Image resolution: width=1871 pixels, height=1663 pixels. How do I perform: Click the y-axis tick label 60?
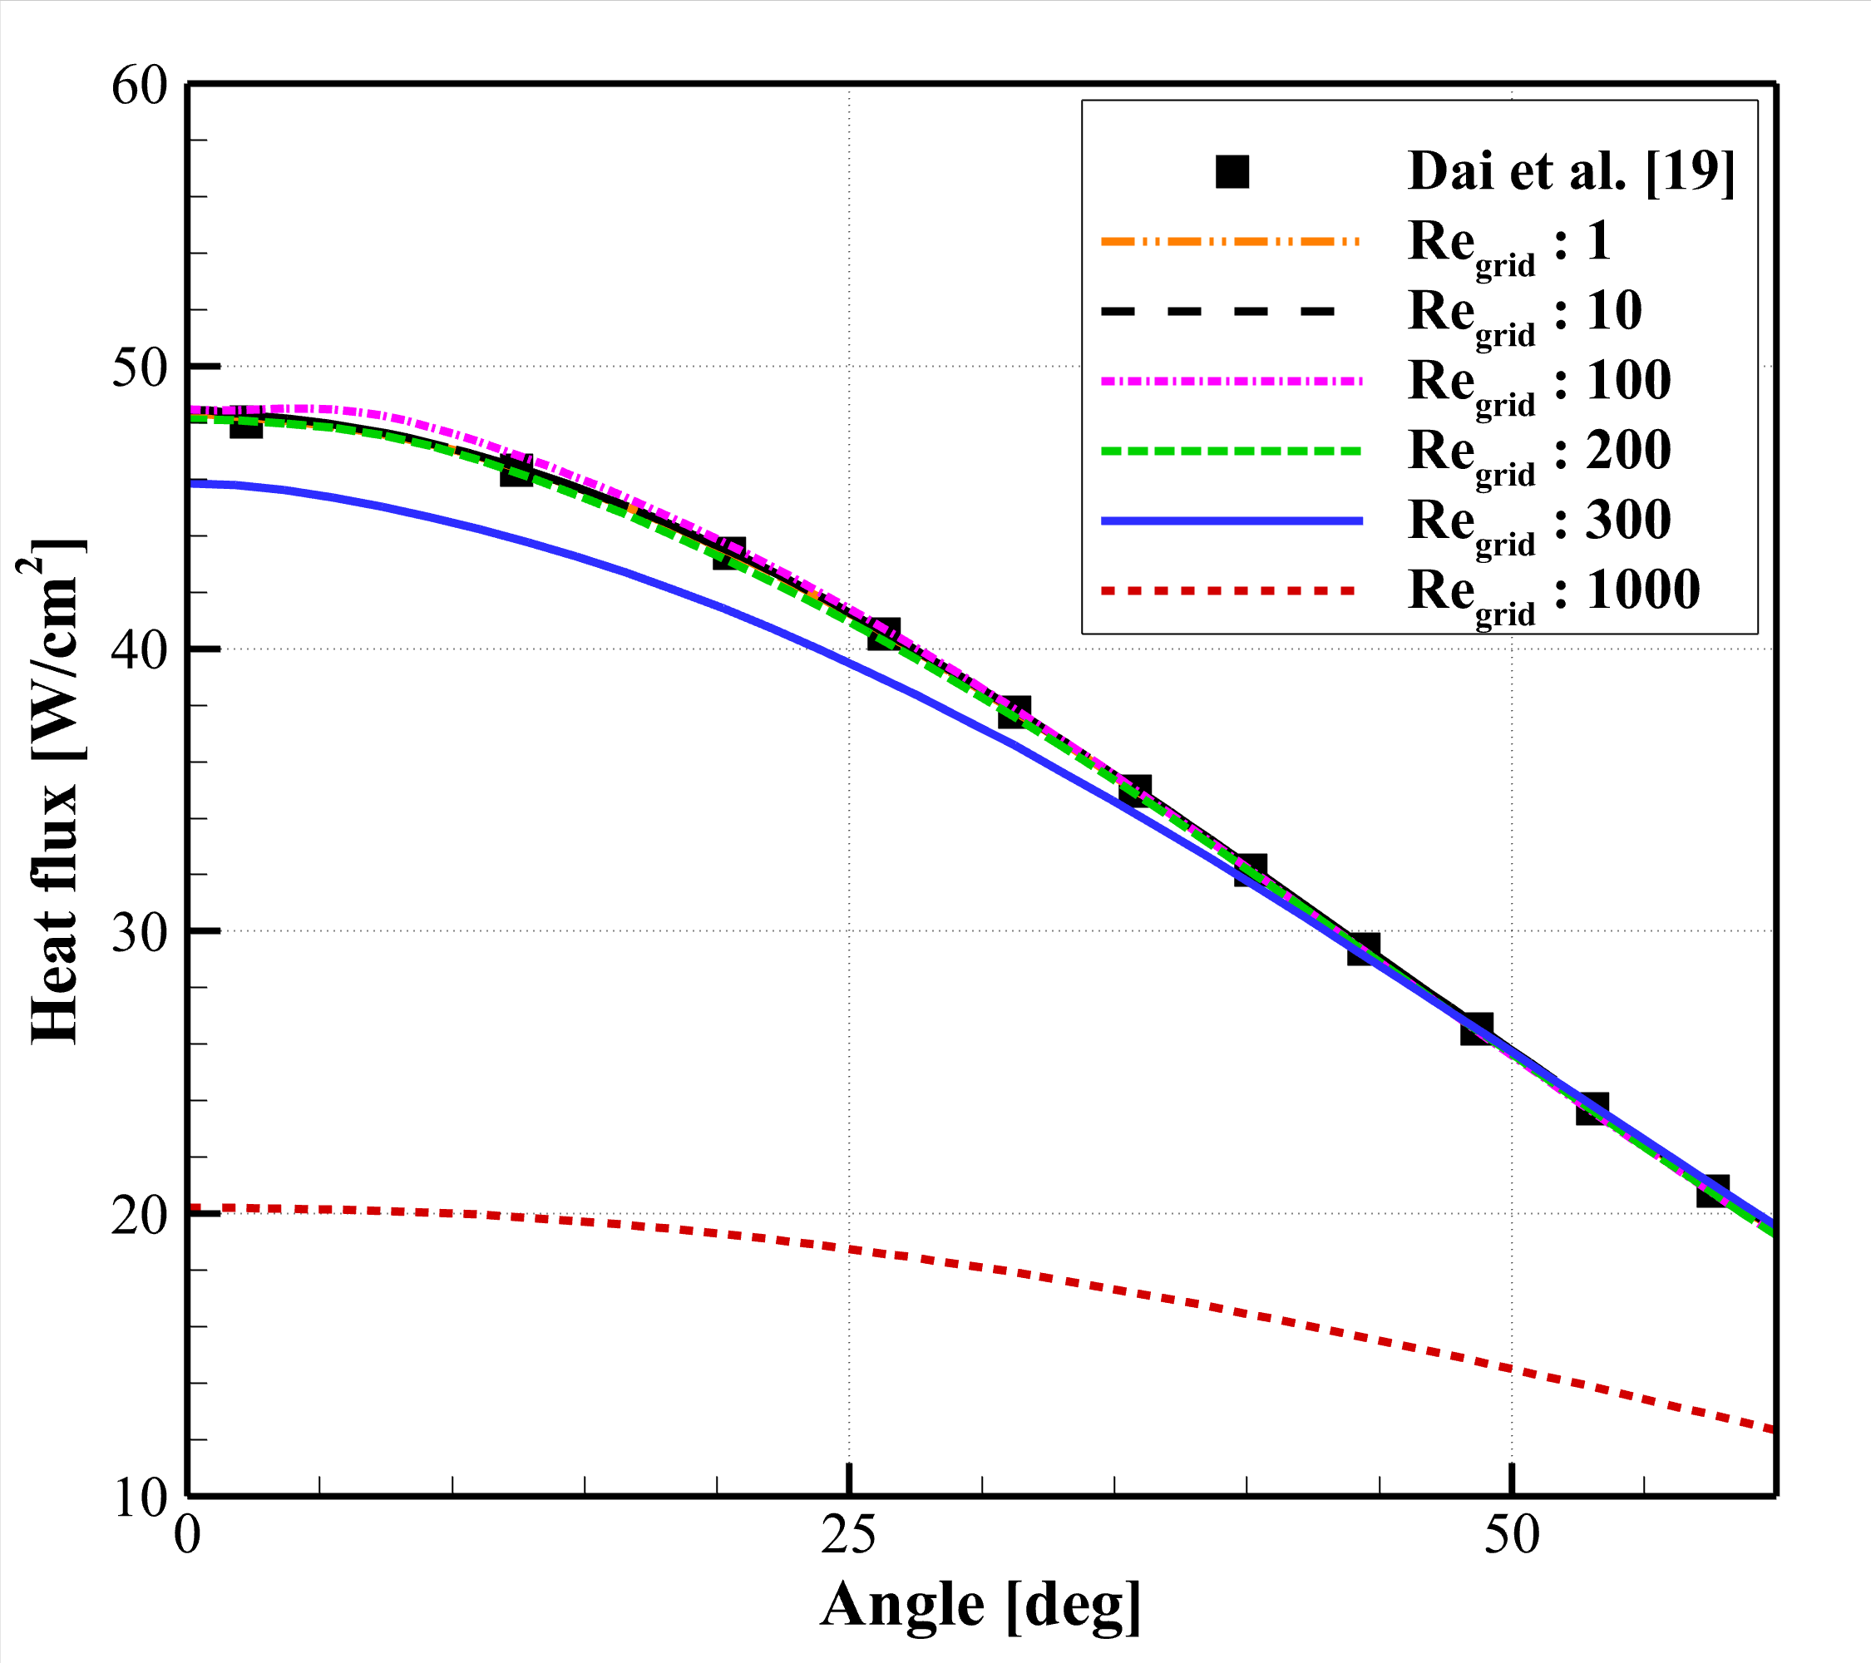(x=139, y=87)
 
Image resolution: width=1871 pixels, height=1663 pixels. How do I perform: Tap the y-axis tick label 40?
(x=139, y=650)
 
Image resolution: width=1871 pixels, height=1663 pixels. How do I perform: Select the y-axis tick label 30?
(x=139, y=933)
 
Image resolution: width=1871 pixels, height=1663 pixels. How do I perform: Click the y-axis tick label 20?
(x=139, y=1216)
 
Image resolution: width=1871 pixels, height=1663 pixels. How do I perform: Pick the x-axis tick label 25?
(x=848, y=1535)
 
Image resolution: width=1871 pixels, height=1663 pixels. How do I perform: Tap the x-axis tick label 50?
(x=1511, y=1535)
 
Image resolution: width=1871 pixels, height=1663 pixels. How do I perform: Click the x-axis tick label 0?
(x=188, y=1535)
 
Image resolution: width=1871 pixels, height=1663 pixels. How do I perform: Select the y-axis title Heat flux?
(x=55, y=792)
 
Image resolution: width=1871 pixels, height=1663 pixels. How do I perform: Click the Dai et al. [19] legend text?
(x=1571, y=171)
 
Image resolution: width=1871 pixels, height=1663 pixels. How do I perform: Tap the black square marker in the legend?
(x=1232, y=171)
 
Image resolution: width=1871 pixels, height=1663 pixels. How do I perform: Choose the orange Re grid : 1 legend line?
(x=1230, y=242)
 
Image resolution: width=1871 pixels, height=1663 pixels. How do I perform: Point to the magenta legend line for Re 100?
(x=1230, y=381)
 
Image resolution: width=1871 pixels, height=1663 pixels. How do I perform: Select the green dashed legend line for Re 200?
(x=1230, y=452)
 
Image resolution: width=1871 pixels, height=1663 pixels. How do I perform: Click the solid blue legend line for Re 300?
(x=1230, y=521)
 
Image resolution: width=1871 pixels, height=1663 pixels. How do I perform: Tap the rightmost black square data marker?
(x=1711, y=1192)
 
